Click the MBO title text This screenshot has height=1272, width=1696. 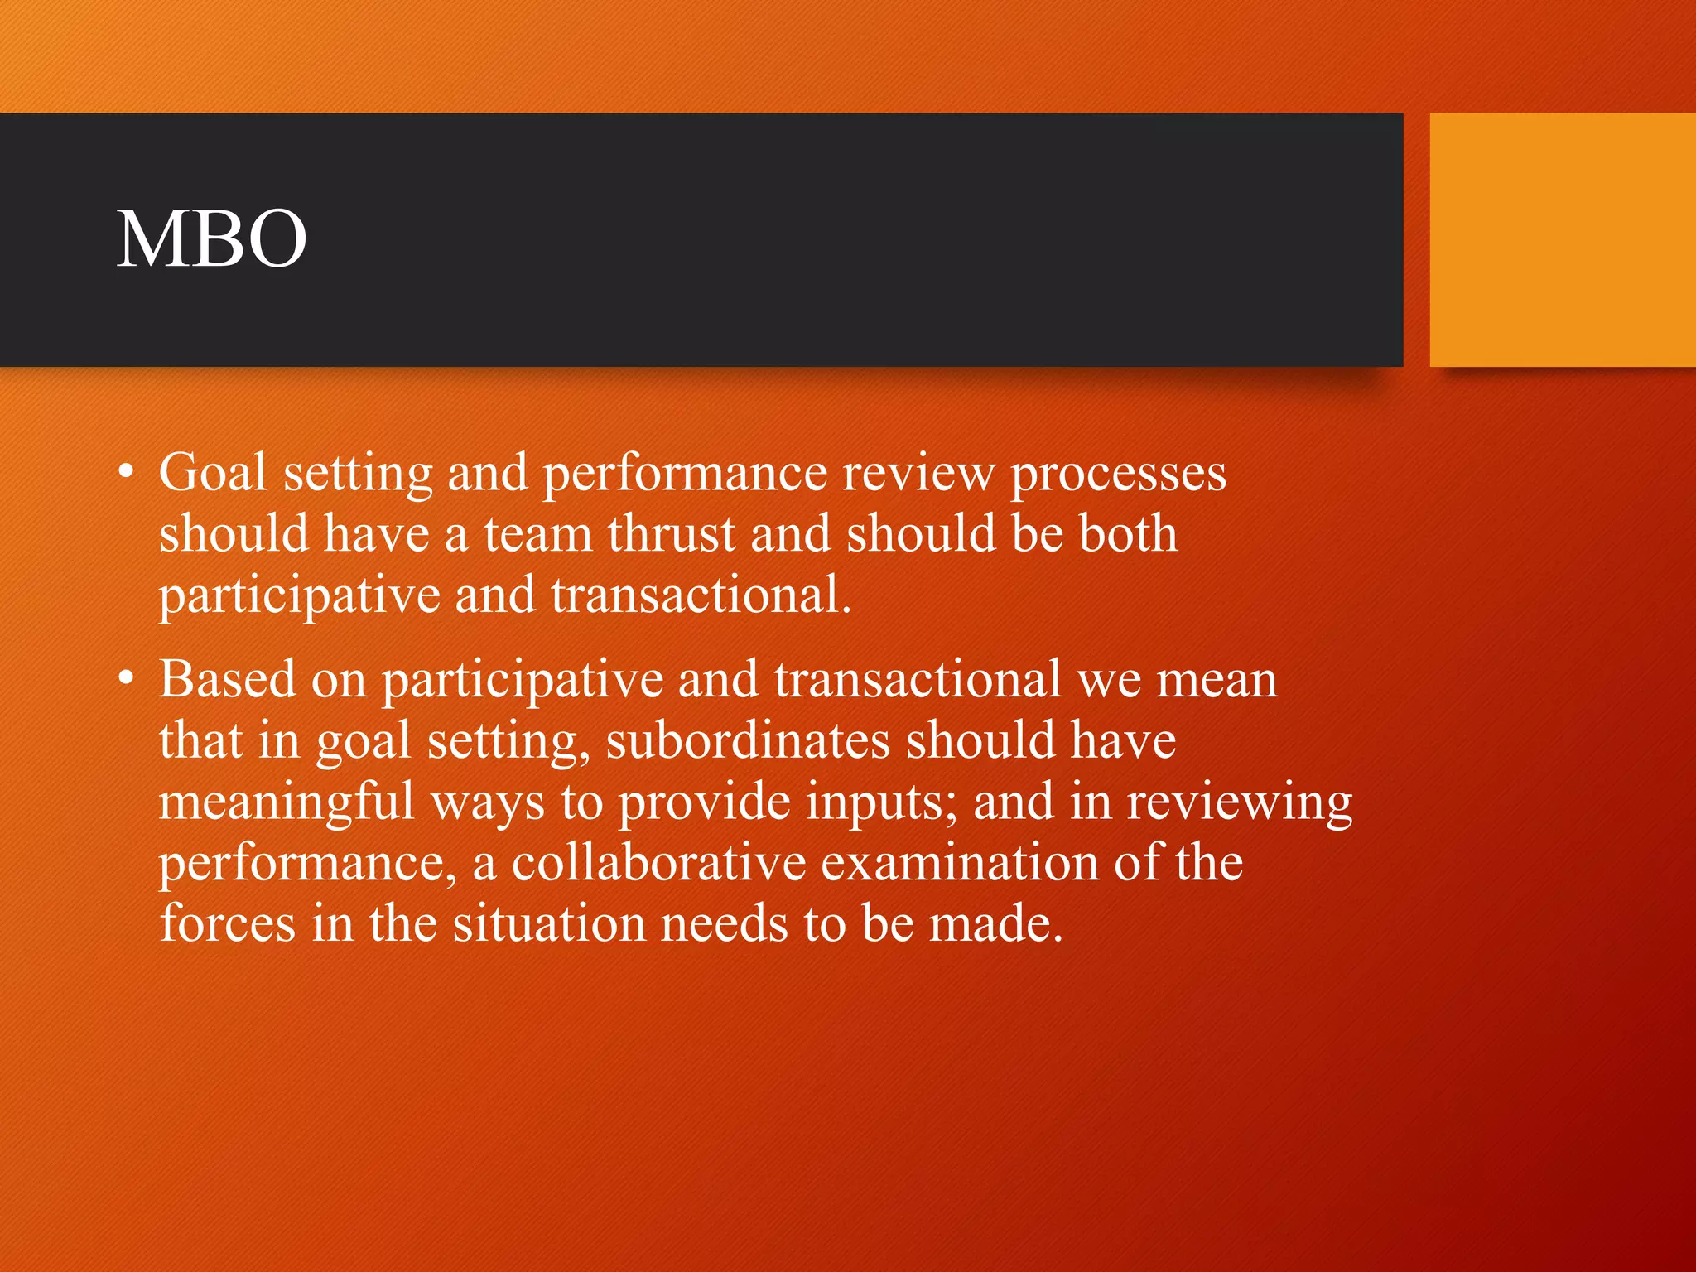pyautogui.click(x=212, y=239)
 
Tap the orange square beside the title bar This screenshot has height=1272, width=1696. pyautogui.click(x=1562, y=239)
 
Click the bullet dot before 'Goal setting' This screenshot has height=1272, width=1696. pyautogui.click(x=125, y=473)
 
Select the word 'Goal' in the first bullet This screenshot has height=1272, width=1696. pyautogui.click(x=213, y=473)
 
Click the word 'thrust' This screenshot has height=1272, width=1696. pyautogui.click(x=672, y=534)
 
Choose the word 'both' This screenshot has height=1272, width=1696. pyautogui.click(x=1128, y=534)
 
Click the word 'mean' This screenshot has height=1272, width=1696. pyautogui.click(x=1217, y=681)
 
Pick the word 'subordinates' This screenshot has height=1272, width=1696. pyautogui.click(x=748, y=740)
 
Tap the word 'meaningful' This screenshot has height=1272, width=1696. pyautogui.click(x=287, y=802)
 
